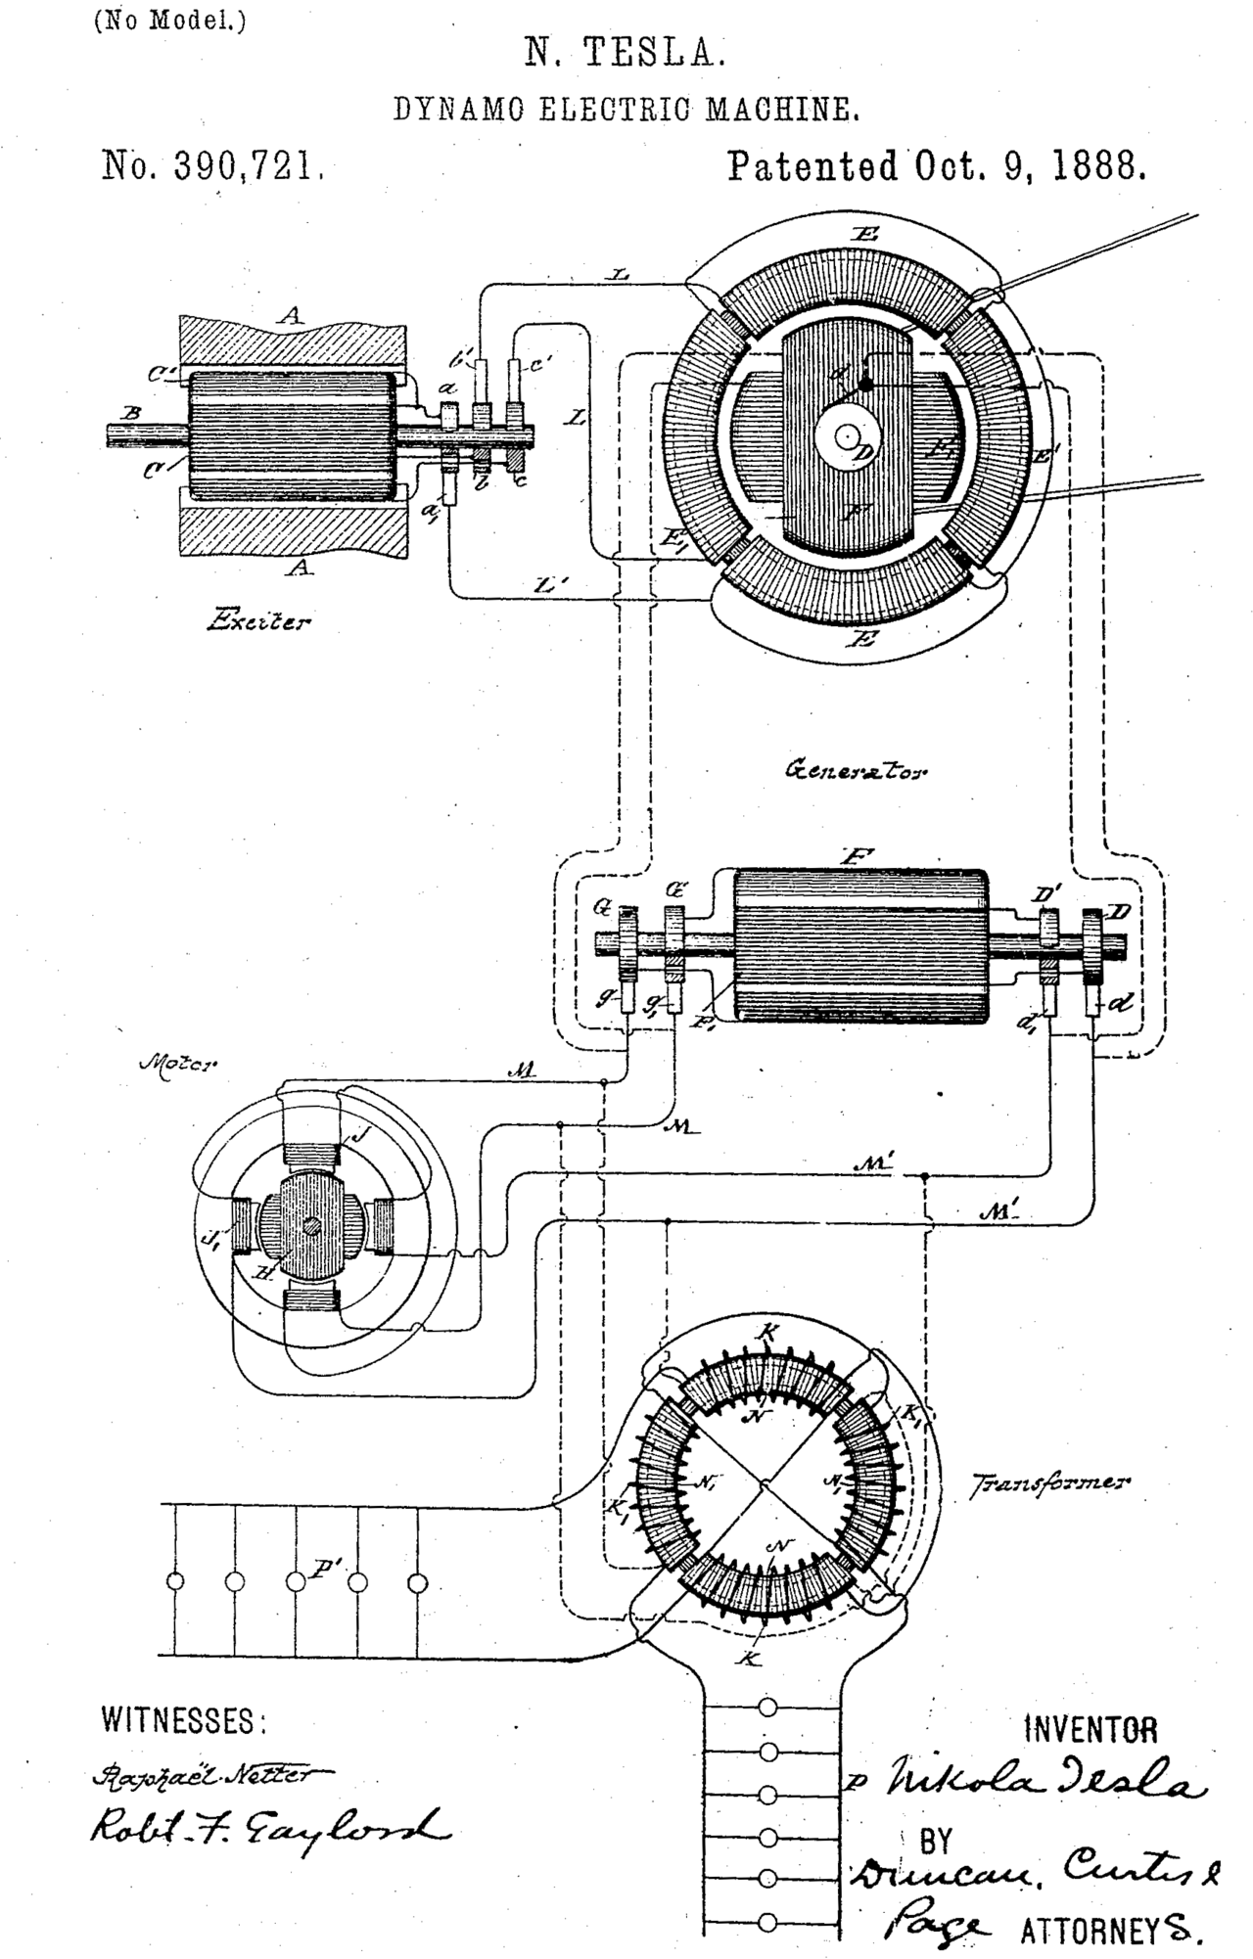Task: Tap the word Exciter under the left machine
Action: point(258,619)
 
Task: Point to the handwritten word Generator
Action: point(856,769)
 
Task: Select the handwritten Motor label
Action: point(179,1062)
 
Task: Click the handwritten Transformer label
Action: point(1047,1481)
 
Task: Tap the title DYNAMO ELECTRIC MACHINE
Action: point(626,110)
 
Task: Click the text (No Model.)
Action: point(169,22)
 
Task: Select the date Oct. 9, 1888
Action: point(1029,166)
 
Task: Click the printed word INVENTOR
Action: point(1090,1730)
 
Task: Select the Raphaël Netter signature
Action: point(209,1773)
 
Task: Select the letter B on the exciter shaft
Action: point(129,414)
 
